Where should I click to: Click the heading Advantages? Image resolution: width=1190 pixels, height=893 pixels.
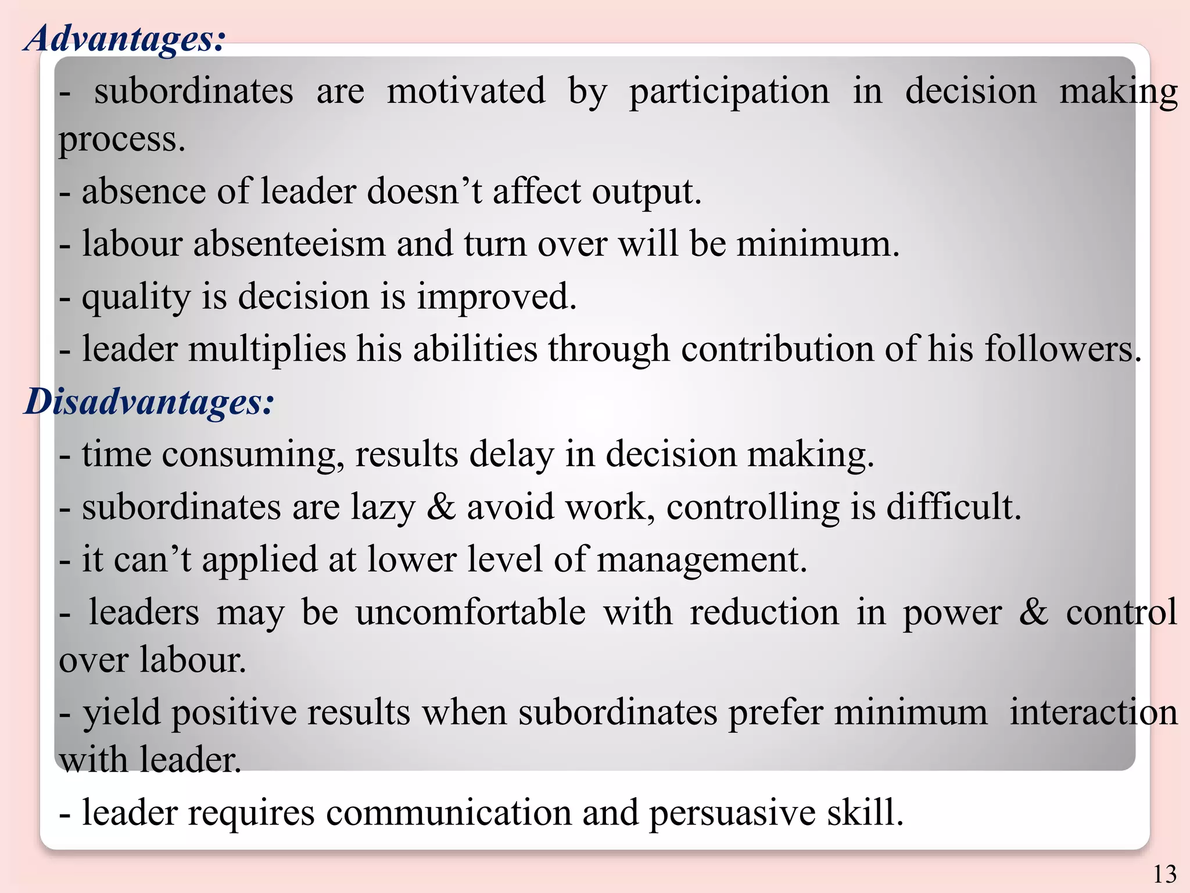(124, 40)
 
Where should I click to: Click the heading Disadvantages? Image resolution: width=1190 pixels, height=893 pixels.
(149, 402)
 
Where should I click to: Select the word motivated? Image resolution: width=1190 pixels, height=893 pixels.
(466, 91)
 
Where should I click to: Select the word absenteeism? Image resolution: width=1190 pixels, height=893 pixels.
(289, 244)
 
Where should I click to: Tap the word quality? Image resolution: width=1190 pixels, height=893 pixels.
(136, 298)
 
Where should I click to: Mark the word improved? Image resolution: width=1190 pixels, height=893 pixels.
(496, 298)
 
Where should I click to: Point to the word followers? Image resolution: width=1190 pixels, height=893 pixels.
(1062, 350)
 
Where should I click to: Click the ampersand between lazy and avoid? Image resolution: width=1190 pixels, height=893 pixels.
(442, 506)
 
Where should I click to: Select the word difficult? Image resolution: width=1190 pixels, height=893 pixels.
(953, 506)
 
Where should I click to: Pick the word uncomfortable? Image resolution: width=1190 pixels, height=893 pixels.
(471, 612)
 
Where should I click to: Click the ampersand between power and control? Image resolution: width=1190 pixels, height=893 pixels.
(1034, 612)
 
